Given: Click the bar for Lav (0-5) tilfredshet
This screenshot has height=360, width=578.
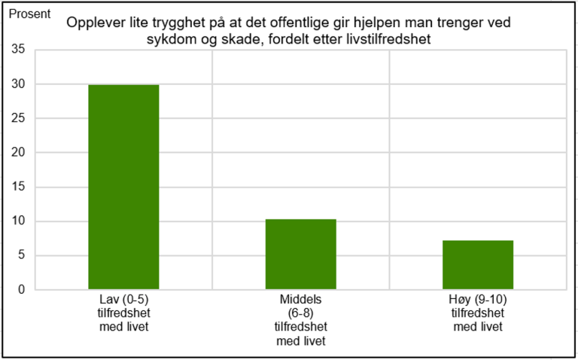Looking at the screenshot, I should click(123, 187).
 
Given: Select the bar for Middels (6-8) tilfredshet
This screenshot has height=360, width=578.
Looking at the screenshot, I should click(300, 254).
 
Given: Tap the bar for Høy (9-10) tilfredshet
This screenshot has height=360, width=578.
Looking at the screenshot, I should click(477, 264).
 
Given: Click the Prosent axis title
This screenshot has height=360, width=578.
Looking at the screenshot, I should click(29, 14).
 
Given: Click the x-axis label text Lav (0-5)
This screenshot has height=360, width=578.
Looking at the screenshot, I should click(123, 300).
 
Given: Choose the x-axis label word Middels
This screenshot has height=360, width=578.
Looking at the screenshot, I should click(300, 300).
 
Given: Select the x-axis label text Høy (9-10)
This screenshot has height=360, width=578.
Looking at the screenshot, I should click(477, 300).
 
